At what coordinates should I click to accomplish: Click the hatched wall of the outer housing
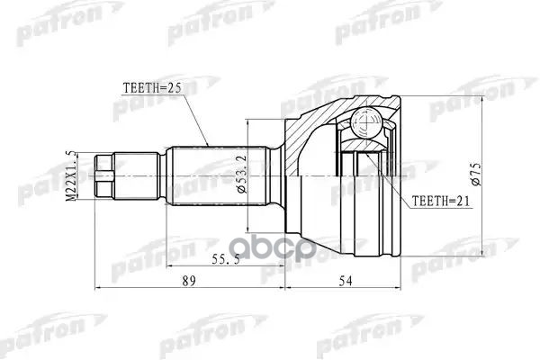pyautogui.click(x=301, y=135)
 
